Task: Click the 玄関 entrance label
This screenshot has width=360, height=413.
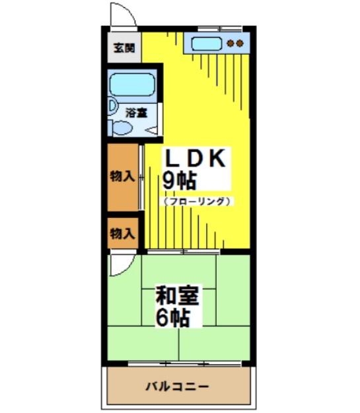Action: click(x=123, y=48)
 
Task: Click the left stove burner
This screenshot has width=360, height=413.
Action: click(x=230, y=44)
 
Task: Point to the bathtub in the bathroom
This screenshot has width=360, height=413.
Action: click(x=131, y=85)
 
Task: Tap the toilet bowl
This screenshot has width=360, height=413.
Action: click(x=124, y=128)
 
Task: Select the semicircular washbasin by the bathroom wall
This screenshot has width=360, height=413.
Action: click(x=112, y=106)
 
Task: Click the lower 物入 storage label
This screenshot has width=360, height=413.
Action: click(x=122, y=233)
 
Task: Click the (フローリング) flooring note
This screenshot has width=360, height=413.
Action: click(x=196, y=200)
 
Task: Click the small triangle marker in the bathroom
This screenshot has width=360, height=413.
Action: click(x=151, y=130)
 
